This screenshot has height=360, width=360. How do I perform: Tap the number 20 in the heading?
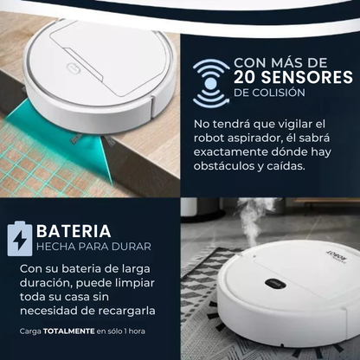[250, 79]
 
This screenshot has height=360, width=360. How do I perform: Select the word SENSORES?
[311, 79]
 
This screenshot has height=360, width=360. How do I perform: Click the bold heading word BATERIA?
[73, 231]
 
